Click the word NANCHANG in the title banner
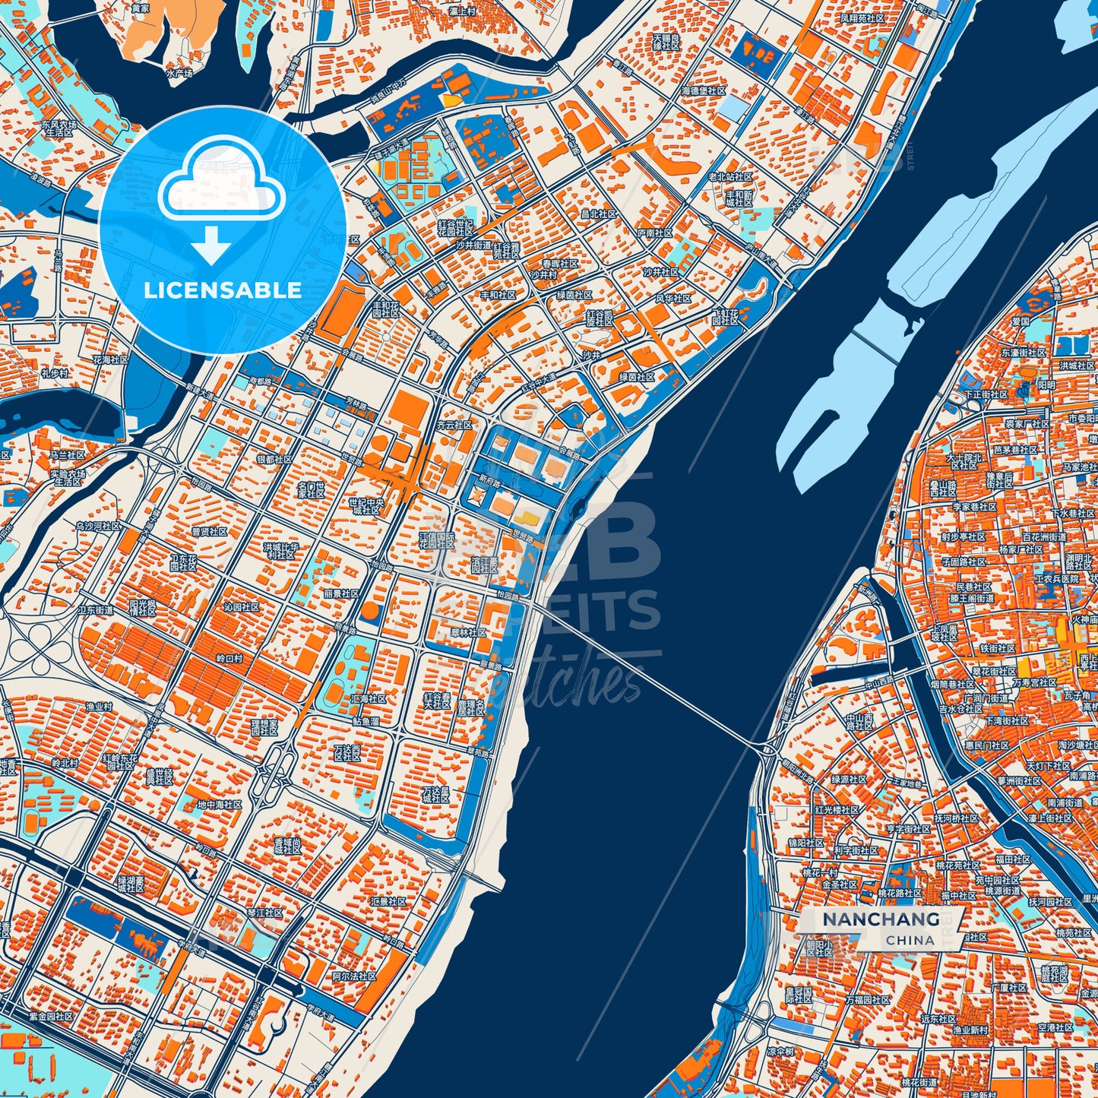(881, 919)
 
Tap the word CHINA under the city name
(910, 940)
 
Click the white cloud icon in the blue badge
(221, 186)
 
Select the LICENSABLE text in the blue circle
(223, 290)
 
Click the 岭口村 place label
(229, 659)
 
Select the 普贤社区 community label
(210, 531)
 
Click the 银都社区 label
(274, 460)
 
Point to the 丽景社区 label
(340, 593)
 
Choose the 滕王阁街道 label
(971, 599)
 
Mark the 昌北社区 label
(599, 214)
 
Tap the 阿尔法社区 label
(354, 976)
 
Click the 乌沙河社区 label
(97, 526)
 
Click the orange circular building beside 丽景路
(370, 610)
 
